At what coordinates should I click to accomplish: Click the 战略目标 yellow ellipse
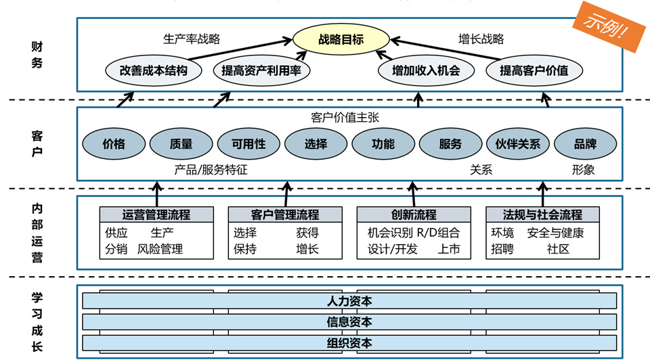click(x=341, y=39)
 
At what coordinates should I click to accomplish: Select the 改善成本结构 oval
click(x=153, y=70)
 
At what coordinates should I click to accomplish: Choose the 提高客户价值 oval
click(x=534, y=70)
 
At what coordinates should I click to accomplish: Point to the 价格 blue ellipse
click(x=114, y=143)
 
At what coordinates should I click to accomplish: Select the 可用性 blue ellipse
click(x=248, y=143)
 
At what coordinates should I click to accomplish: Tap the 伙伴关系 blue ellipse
click(x=518, y=143)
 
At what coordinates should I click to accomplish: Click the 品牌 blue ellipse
click(x=586, y=143)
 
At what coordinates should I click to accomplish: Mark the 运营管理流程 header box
click(x=156, y=215)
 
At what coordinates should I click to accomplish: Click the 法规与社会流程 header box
click(x=542, y=215)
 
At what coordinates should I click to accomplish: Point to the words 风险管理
click(x=160, y=249)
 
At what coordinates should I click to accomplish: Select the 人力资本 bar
click(x=349, y=301)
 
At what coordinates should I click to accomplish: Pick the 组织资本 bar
click(x=349, y=342)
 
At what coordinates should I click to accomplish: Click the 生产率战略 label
click(x=192, y=39)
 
